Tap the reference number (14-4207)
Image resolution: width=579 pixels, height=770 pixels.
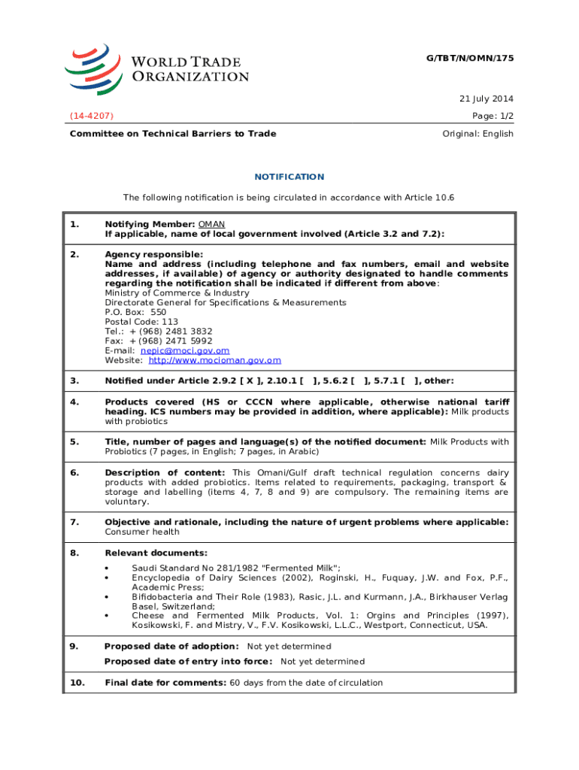(92, 116)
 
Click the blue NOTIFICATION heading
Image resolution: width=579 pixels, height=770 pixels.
(289, 177)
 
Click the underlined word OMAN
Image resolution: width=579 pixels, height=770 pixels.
(211, 225)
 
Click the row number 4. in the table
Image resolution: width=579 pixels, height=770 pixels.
(74, 402)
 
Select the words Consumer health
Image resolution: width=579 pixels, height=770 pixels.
(142, 532)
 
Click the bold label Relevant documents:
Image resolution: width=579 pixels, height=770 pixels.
(145, 553)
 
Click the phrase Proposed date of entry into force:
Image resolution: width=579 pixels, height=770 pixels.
(188, 662)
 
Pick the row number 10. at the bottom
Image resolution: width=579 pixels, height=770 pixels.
(77, 683)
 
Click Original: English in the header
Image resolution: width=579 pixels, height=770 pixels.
(477, 134)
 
